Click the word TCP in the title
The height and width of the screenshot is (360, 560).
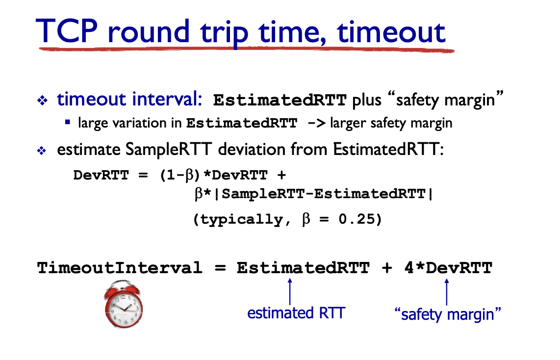tap(67, 31)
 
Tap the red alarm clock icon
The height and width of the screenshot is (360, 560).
tap(124, 304)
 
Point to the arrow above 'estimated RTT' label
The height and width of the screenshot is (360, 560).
tap(290, 291)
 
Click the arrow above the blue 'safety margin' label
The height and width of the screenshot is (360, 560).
tap(446, 292)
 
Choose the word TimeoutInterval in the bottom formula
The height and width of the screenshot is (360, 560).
tap(120, 267)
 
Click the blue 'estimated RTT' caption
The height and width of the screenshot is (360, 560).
tap(296, 313)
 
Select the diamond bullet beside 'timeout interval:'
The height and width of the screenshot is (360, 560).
tap(43, 101)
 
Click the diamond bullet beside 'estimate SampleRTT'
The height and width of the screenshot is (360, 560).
tap(42, 151)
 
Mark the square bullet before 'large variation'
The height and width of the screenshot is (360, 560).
tap(68, 122)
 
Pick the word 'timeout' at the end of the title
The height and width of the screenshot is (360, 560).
tap(391, 32)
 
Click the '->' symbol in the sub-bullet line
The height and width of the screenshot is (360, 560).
tap(316, 123)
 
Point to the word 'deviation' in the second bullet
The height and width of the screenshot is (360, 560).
tap(273, 149)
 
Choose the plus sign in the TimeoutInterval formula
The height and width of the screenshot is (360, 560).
tap(387, 268)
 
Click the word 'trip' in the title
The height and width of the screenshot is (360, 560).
tap(224, 33)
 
